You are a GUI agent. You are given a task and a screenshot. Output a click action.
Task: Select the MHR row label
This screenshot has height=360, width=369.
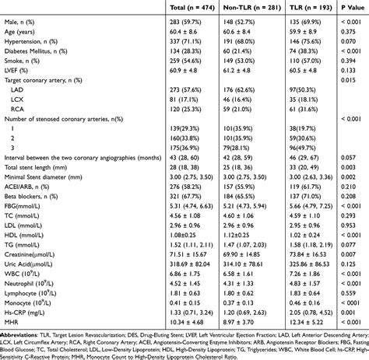[x=10, y=299]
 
